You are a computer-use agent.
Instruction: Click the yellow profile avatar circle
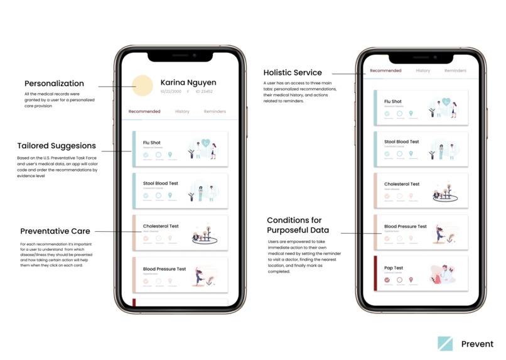(142, 86)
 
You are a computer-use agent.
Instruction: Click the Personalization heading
(54, 84)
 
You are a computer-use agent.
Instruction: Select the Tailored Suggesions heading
(57, 146)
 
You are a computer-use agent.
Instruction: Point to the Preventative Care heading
(55, 231)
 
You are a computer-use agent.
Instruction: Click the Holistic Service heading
(293, 73)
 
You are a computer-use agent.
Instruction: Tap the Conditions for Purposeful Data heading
(294, 226)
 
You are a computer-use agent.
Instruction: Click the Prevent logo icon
(445, 343)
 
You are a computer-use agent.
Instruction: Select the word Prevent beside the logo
(477, 344)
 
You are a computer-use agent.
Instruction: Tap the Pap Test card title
(394, 268)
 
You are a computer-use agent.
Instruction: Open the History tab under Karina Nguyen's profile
(182, 112)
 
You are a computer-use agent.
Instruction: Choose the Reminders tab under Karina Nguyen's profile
(215, 112)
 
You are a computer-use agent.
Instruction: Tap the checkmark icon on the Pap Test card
(387, 280)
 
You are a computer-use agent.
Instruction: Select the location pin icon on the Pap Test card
(411, 280)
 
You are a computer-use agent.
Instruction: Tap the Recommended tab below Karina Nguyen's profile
(144, 112)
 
